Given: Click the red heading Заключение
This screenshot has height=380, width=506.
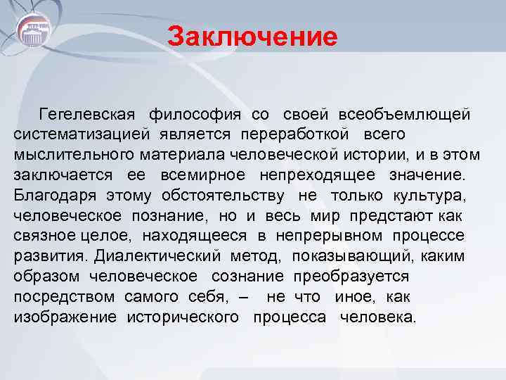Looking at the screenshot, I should (253, 36).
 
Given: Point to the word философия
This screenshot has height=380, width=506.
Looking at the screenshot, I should (196, 114).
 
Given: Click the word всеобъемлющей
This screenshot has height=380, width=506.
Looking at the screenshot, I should (404, 114).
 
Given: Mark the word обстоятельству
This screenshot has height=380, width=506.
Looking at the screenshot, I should (223, 195).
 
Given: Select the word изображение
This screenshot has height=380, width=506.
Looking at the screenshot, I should (65, 317).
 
